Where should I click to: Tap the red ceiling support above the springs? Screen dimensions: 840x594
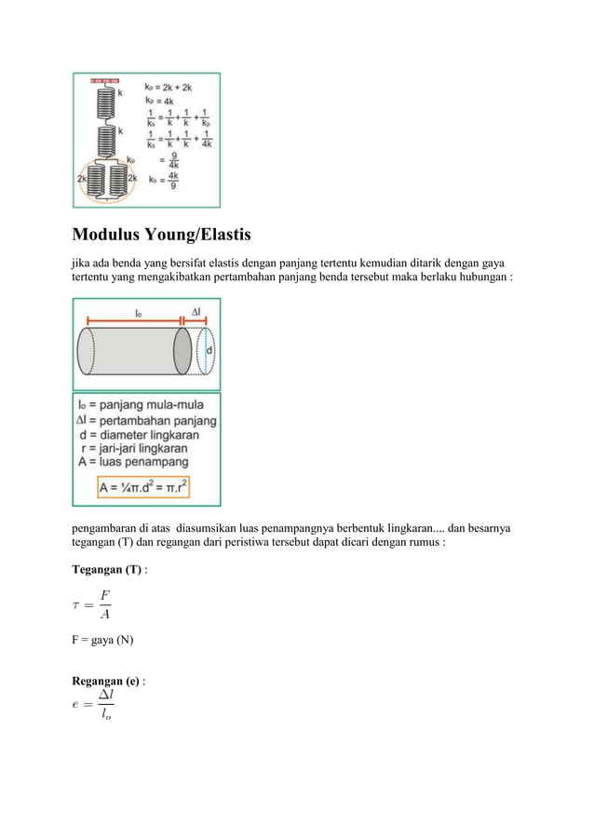105,82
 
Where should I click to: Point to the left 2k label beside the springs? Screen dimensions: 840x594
82,177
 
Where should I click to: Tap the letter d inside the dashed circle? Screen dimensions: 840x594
209,350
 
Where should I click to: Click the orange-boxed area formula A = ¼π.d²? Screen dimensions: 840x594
155,487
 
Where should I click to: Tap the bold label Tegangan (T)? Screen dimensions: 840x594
106,569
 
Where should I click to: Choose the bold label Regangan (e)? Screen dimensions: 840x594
106,681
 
